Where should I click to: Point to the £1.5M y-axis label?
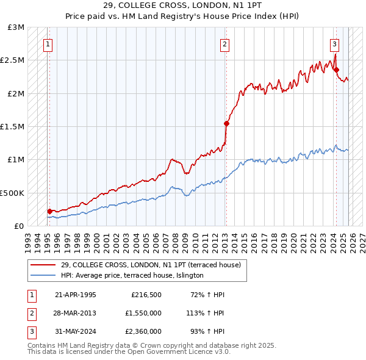(13, 127)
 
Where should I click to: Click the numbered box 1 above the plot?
(48, 43)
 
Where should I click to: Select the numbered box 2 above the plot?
(225, 43)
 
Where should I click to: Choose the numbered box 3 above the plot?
(335, 43)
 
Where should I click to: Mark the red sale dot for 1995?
(49, 211)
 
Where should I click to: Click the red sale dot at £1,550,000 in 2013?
(226, 123)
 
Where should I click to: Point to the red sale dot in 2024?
(336, 70)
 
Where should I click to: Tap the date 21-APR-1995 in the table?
(75, 295)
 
